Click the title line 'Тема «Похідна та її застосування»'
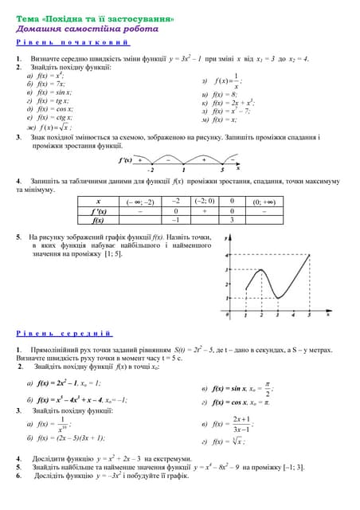(96, 18)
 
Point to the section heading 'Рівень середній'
(65, 333)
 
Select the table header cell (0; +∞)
(264, 202)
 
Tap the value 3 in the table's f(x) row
(231, 220)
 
